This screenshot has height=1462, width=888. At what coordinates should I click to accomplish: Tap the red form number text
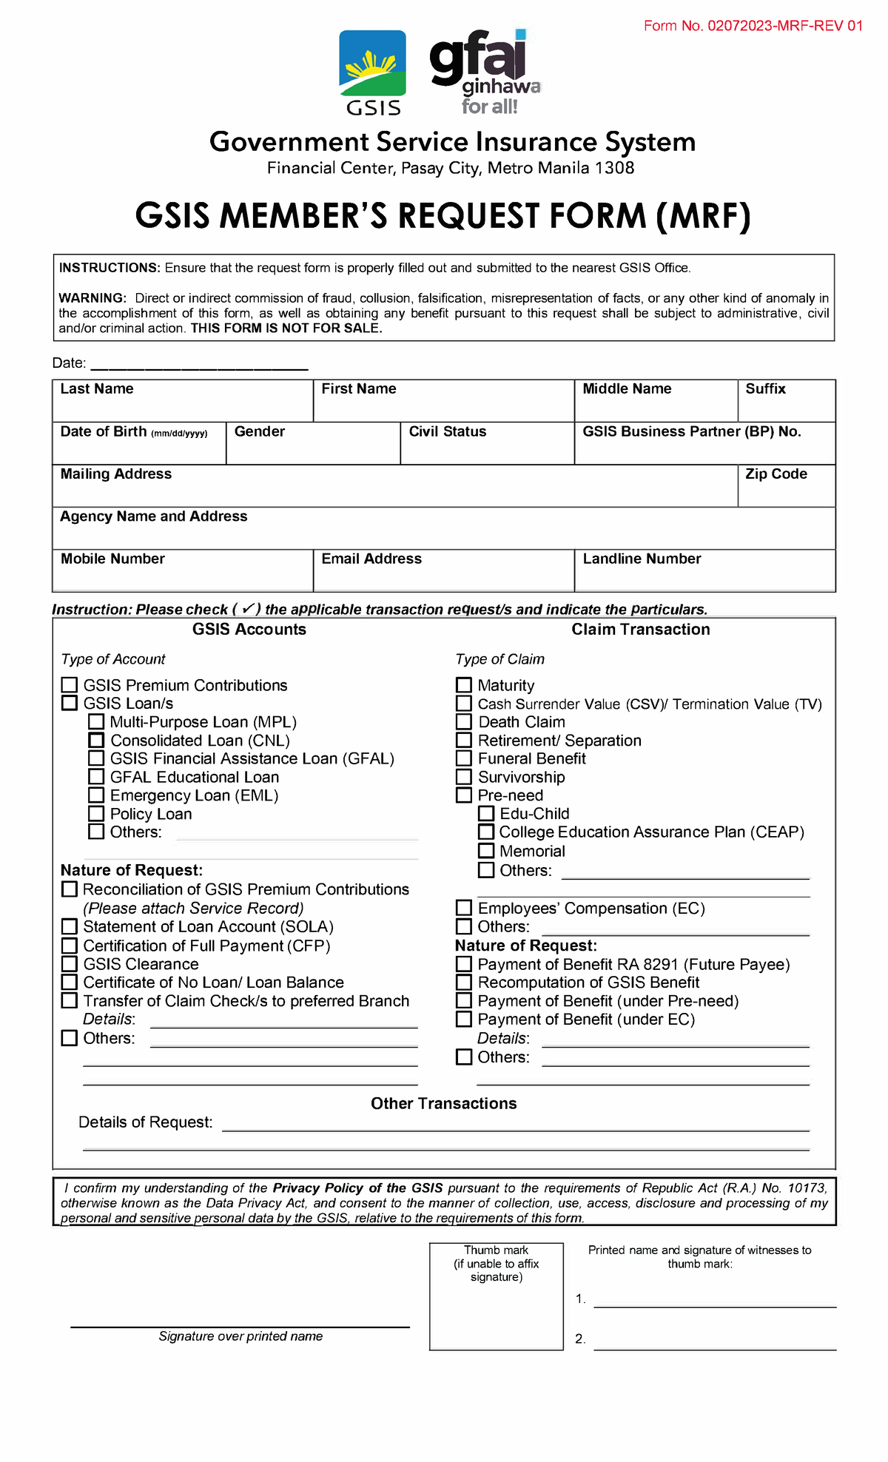[753, 26]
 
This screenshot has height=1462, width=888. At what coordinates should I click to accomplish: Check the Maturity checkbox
[464, 685]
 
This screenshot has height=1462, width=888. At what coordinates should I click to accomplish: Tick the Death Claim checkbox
[464, 721]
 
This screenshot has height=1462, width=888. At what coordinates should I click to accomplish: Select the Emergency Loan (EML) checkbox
[96, 795]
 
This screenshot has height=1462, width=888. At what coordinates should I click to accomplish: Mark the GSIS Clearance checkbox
[70, 964]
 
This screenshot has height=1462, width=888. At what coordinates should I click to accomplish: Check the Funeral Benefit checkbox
[464, 758]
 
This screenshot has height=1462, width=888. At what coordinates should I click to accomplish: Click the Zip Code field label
[776, 474]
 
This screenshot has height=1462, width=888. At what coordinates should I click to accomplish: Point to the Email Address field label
[371, 559]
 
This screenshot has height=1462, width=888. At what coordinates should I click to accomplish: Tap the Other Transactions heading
[443, 1104]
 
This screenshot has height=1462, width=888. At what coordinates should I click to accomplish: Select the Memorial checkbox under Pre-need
[486, 851]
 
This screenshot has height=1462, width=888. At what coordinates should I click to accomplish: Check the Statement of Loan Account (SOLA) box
[70, 926]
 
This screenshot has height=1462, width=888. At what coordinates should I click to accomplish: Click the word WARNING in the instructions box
[92, 298]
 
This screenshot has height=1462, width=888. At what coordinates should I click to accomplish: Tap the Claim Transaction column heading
[640, 630]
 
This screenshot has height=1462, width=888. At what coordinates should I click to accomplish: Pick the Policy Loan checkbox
[96, 814]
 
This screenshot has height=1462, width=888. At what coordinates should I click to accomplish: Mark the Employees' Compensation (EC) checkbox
[464, 908]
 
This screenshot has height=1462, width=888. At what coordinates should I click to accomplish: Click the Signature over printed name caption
[240, 1336]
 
